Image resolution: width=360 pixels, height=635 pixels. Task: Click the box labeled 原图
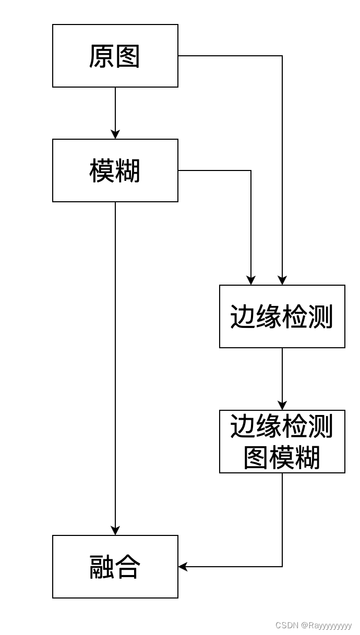coord(115,56)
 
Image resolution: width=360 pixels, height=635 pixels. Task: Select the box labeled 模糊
coord(115,170)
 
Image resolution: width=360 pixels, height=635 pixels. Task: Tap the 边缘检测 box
coord(282,316)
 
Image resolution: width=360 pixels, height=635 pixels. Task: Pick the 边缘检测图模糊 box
coord(282,442)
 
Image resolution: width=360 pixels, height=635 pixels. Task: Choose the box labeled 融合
coord(115,567)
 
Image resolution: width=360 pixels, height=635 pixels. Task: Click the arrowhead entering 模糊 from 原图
coord(115,135)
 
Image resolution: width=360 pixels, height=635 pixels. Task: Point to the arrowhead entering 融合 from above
coord(115,531)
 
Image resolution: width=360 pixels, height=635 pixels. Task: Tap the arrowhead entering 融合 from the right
coord(183,567)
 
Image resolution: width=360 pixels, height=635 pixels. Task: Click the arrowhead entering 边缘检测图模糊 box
coord(282,406)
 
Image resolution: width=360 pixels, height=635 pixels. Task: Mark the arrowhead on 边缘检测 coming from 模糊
coord(251,280)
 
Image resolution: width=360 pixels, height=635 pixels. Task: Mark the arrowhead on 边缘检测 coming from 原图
coord(282,280)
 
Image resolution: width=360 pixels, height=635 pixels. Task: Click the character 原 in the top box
coord(102,56)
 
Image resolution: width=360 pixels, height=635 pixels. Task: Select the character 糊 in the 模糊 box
coord(128,171)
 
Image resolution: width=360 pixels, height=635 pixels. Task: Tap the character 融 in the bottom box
coord(102,567)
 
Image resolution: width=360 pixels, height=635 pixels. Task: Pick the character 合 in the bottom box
coord(128,567)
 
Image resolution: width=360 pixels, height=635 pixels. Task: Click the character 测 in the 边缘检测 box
coord(320,316)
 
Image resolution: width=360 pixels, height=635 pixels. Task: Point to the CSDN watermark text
coord(313,625)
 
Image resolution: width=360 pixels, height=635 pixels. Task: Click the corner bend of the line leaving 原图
coord(282,56)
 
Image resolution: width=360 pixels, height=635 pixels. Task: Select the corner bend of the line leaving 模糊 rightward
coord(251,170)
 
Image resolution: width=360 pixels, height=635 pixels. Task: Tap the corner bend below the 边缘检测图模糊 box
coord(282,567)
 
